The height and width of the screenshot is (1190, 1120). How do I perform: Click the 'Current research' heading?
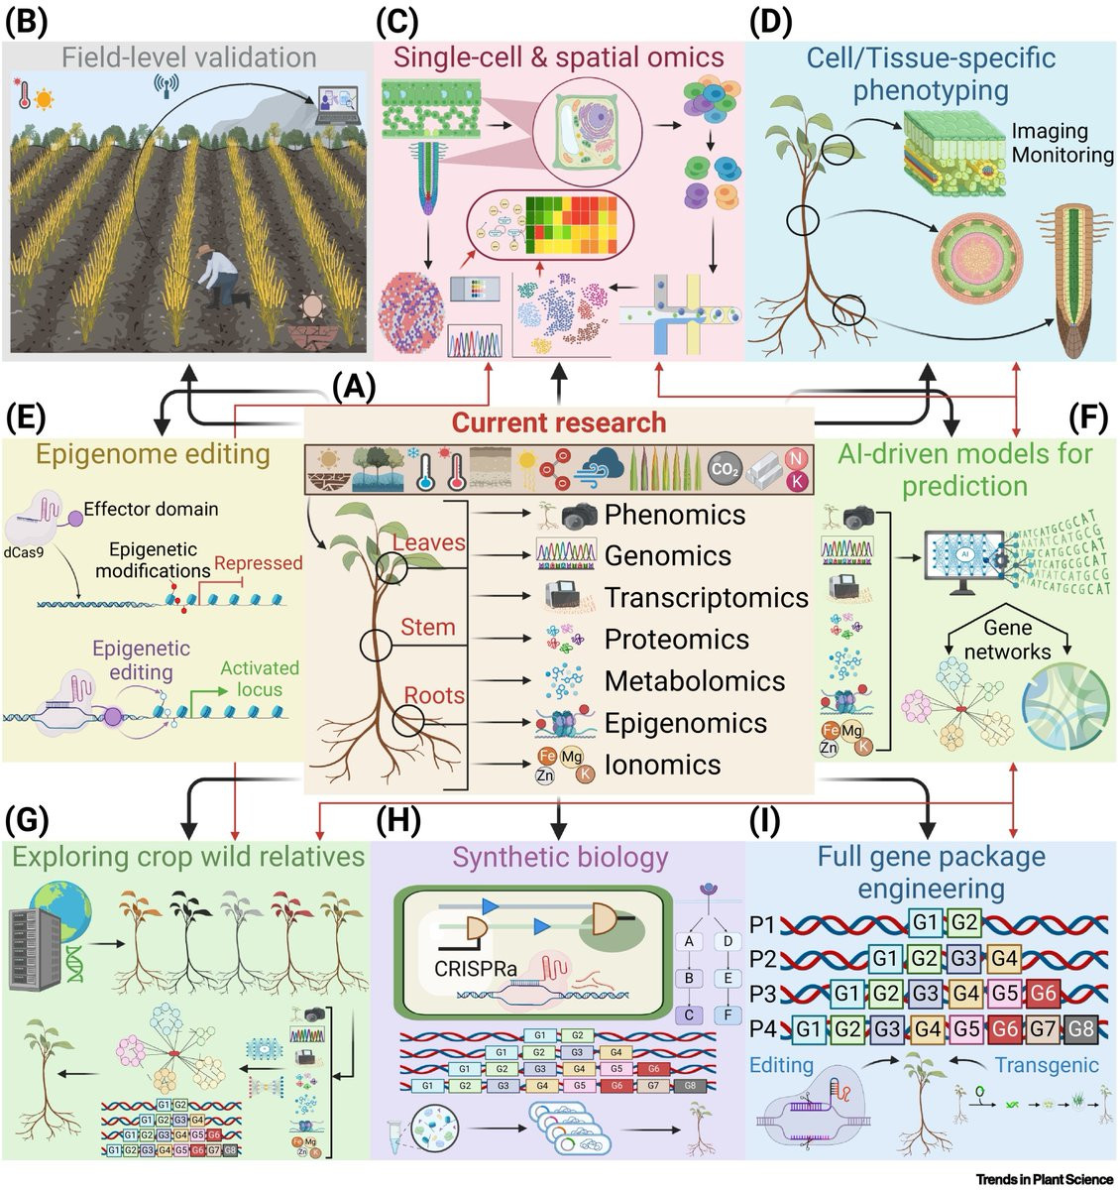pyautogui.click(x=558, y=423)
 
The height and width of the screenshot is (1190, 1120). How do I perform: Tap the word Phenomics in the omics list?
pyautogui.click(x=675, y=515)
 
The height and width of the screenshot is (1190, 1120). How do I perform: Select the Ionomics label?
pyautogui.click(x=662, y=765)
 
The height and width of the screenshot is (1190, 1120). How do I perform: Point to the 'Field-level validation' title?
pyautogui.click(x=189, y=57)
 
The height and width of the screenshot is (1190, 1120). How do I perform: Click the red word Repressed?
pyautogui.click(x=259, y=563)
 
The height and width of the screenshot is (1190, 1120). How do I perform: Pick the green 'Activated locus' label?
pyautogui.click(x=259, y=678)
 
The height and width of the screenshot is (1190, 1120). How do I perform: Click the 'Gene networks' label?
pyautogui.click(x=1007, y=640)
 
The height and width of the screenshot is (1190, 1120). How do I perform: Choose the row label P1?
pyautogui.click(x=761, y=924)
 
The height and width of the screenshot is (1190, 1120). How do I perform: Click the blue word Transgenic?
pyautogui.click(x=1047, y=1065)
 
